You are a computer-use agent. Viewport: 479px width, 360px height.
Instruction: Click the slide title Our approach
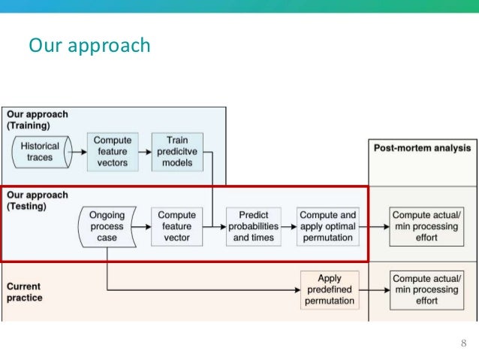coord(89,46)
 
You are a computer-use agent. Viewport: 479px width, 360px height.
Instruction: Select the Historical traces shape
coord(40,152)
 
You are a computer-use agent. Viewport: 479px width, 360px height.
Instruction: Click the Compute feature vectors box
coord(113,152)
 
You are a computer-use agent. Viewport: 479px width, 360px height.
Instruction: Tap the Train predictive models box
coord(176,152)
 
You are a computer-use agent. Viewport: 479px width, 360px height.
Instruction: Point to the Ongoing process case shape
coord(107,226)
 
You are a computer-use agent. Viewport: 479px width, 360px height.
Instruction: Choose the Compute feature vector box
coord(176,226)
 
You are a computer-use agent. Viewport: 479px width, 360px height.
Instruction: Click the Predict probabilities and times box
coord(254,226)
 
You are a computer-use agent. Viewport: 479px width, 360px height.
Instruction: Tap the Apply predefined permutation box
coord(330,289)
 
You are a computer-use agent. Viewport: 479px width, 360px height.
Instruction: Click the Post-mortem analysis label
coord(422,148)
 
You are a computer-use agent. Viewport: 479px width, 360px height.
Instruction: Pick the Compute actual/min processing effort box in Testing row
coord(425,226)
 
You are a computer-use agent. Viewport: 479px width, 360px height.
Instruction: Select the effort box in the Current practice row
coord(425,289)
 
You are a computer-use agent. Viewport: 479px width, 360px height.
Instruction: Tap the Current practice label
coord(25,292)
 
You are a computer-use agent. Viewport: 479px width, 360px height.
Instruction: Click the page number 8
coord(463,343)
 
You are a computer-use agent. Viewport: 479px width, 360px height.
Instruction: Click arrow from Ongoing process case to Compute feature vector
coord(143,226)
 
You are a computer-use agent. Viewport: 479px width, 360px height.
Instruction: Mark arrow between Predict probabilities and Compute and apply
coord(288,226)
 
